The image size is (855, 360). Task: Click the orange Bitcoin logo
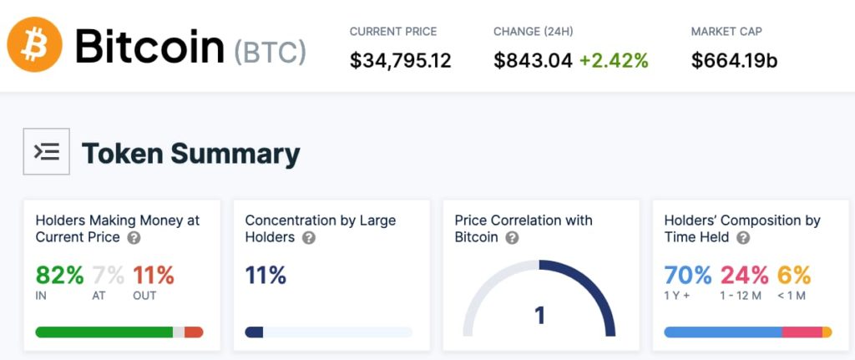click(35, 45)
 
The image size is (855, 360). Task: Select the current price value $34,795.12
click(400, 61)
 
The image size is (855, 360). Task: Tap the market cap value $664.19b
click(735, 61)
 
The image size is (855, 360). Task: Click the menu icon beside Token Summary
click(46, 151)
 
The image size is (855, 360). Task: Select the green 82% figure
click(59, 275)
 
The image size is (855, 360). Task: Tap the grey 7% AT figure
click(108, 275)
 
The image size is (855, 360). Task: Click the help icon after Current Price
click(134, 238)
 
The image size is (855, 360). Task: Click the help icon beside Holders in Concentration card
click(309, 238)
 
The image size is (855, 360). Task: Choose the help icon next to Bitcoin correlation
click(513, 238)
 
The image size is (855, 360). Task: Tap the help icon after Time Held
click(743, 238)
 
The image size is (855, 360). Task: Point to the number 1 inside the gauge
click(539, 316)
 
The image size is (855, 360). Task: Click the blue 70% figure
click(687, 275)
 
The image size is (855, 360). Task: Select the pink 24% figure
click(745, 275)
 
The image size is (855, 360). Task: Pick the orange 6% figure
click(794, 275)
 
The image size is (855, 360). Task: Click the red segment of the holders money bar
click(194, 332)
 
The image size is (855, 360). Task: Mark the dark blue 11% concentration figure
click(266, 275)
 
